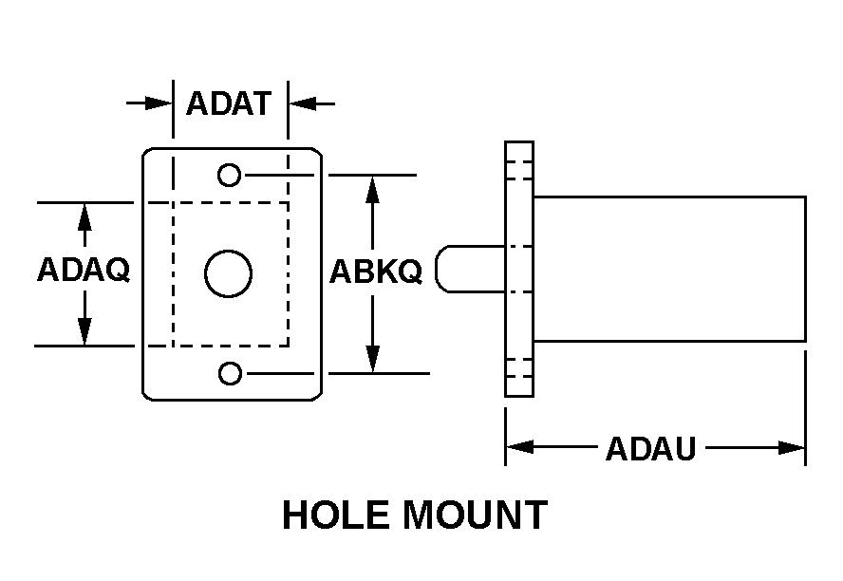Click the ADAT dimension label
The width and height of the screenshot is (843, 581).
point(228,103)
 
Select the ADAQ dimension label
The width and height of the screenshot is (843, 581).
point(84,270)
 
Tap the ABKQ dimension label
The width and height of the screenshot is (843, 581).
point(375,272)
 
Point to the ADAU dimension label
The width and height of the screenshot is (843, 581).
point(651,449)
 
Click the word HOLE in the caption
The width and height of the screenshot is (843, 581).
point(336,515)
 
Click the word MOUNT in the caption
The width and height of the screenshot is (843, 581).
point(476,515)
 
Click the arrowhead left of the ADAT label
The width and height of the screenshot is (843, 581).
point(159,103)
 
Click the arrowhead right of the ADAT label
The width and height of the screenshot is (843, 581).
point(303,103)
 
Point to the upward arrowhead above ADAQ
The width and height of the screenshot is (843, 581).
point(84,217)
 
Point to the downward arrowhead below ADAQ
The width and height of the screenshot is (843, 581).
point(84,331)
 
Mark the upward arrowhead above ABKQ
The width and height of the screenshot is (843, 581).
point(372,189)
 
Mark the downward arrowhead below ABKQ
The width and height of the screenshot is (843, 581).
point(372,359)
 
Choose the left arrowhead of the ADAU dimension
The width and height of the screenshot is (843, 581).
point(520,447)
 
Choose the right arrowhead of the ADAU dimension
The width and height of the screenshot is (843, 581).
point(792,447)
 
